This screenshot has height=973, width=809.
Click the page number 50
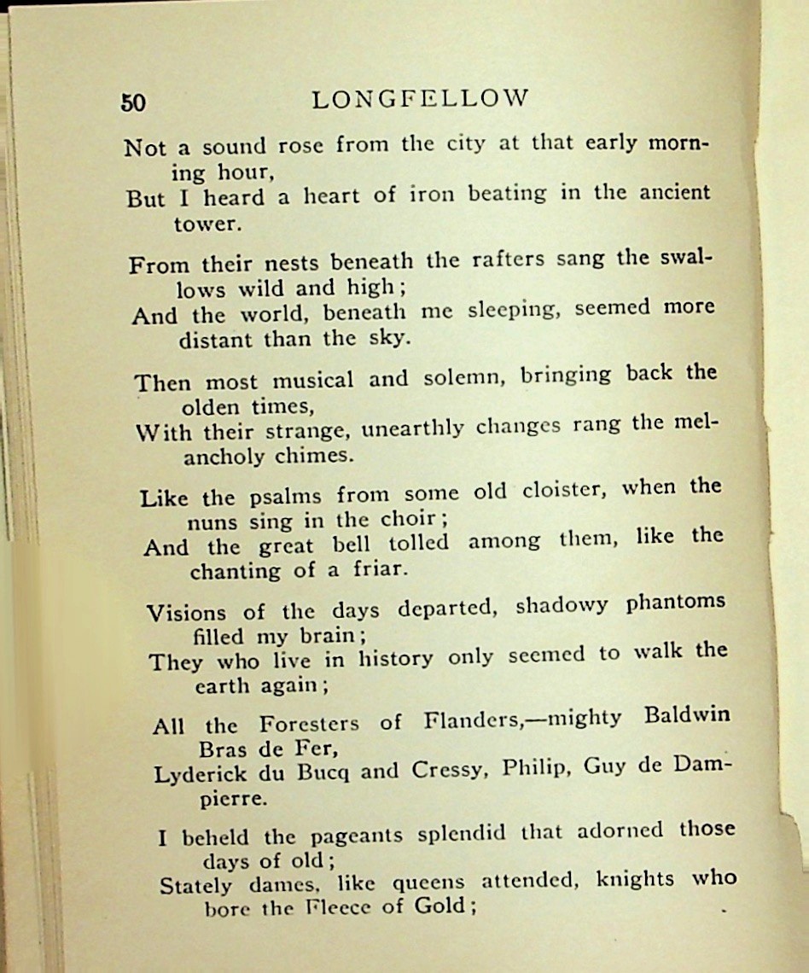coord(133,102)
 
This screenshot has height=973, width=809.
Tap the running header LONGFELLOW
coord(420,99)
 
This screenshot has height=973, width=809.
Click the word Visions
coord(187,613)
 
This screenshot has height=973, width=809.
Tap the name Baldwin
coord(688,714)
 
